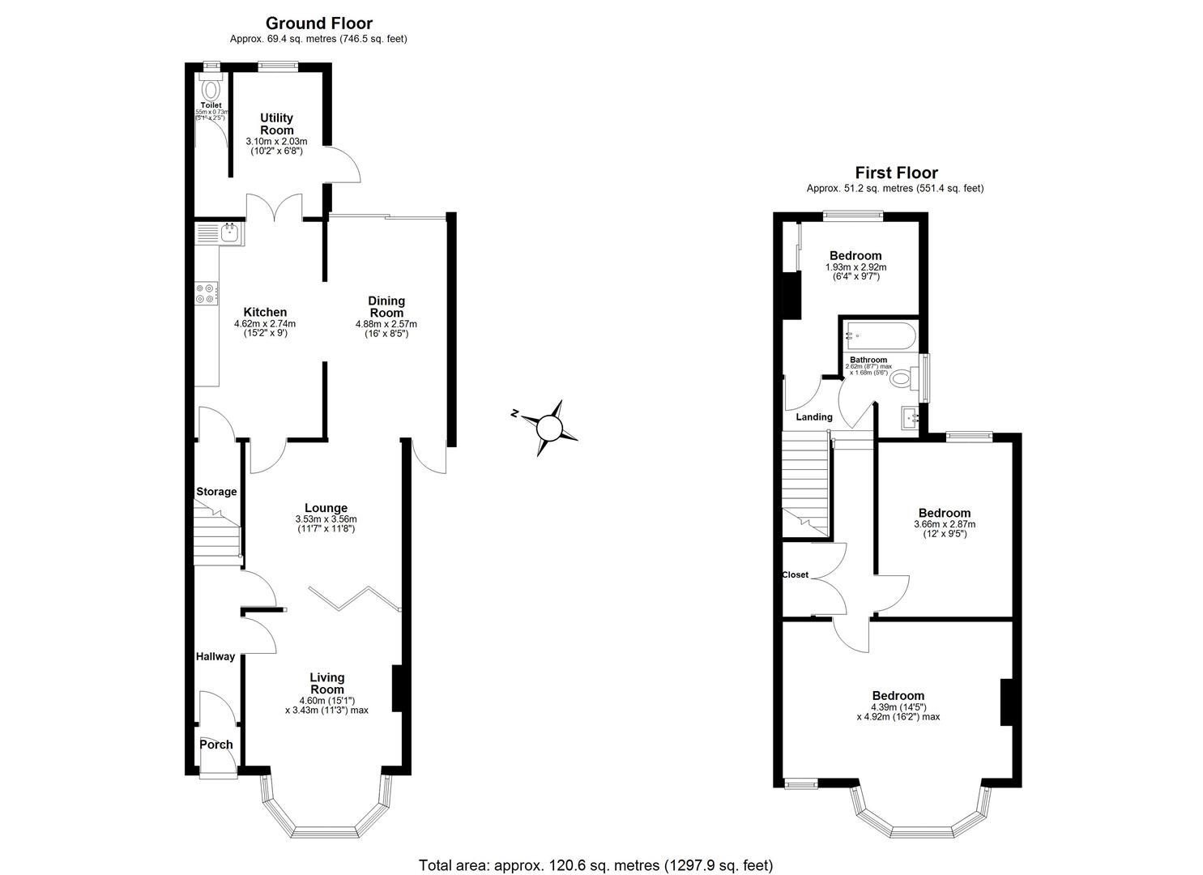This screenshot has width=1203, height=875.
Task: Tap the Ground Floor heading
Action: tap(318, 23)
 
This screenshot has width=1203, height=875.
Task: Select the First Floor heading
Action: tap(896, 173)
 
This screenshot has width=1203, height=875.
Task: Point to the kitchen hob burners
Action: tap(206, 293)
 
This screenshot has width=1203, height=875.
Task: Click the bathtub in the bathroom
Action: tap(880, 335)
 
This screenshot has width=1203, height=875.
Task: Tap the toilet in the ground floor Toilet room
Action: tap(211, 87)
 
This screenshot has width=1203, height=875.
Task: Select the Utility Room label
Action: tap(276, 124)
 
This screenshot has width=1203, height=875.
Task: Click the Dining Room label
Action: tap(386, 306)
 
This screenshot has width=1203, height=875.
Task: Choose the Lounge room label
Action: tap(326, 508)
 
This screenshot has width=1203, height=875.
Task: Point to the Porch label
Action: tap(216, 745)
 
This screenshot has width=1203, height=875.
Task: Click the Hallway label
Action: tap(215, 656)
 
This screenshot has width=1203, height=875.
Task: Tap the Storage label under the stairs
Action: tap(216, 492)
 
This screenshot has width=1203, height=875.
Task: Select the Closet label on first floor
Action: tap(795, 574)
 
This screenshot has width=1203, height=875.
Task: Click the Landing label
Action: tap(814, 417)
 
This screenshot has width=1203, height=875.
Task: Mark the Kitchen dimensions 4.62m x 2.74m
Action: tap(266, 324)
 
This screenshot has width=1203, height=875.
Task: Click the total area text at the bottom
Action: tap(595, 865)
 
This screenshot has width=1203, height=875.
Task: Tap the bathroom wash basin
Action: tap(910, 417)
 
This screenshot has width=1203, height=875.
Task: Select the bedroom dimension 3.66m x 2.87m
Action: tap(944, 524)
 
